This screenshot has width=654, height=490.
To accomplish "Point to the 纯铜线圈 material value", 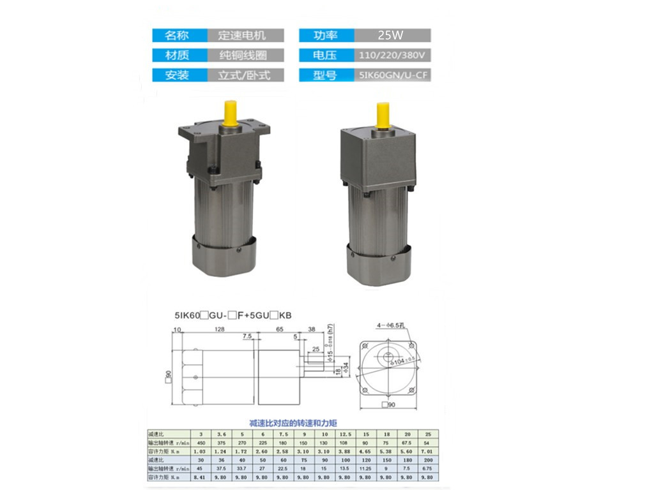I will pos(241,56).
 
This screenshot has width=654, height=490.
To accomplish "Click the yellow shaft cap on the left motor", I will pos(231,114).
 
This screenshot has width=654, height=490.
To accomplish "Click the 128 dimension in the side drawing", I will pos(219,329).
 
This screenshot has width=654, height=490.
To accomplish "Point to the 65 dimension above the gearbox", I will pos(280,329).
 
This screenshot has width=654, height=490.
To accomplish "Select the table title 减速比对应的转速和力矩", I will pos(293,423).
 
